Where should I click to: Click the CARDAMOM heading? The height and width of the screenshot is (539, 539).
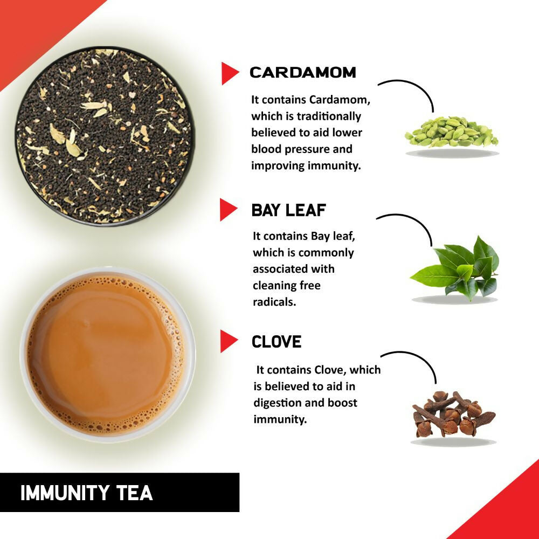(303, 72)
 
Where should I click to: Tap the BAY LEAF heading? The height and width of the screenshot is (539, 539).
(289, 210)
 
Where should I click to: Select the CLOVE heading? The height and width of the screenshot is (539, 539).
(277, 342)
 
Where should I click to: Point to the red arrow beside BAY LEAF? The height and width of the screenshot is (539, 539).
(228, 210)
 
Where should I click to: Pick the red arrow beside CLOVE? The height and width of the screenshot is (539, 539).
(229, 342)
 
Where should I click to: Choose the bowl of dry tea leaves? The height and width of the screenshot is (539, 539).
(104, 136)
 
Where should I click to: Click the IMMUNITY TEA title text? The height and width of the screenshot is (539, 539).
(86, 493)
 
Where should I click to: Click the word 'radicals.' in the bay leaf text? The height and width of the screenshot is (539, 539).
(274, 302)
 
